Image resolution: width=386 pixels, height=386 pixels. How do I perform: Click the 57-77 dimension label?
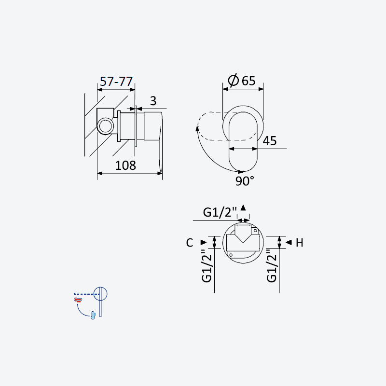[116, 82]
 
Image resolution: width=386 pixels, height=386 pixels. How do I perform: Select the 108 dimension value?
[125, 165]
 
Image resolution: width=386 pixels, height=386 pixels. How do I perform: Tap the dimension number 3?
[153, 101]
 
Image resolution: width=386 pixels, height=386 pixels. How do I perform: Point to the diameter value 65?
[248, 81]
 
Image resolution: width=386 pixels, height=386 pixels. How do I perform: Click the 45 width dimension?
[270, 141]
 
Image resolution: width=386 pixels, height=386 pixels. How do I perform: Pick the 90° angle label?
[245, 181]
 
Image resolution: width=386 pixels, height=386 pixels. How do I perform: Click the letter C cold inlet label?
[190, 243]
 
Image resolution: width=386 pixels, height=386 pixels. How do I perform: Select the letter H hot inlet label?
[299, 243]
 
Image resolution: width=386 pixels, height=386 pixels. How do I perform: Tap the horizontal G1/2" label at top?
[220, 212]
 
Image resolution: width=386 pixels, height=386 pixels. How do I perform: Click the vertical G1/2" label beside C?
[207, 266]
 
